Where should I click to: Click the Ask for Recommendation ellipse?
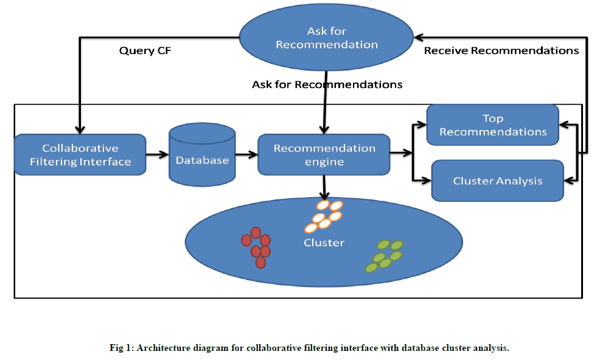[x=326, y=38]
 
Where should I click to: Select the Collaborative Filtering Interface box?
[x=80, y=155]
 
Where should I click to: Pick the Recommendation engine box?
[x=324, y=155]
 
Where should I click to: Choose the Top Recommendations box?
[x=492, y=125]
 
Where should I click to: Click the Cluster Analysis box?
[x=497, y=181]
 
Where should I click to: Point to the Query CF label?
[x=145, y=51]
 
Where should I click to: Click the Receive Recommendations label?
[x=501, y=50]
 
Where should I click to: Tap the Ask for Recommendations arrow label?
[x=327, y=85]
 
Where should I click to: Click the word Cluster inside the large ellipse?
[x=324, y=243]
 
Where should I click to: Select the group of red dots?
[x=257, y=247]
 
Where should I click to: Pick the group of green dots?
[x=384, y=255]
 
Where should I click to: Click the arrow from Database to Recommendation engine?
[x=246, y=155]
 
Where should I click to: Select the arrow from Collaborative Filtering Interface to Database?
[x=157, y=155]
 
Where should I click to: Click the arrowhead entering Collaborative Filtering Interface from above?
[x=80, y=130]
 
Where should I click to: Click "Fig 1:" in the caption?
[x=122, y=348]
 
